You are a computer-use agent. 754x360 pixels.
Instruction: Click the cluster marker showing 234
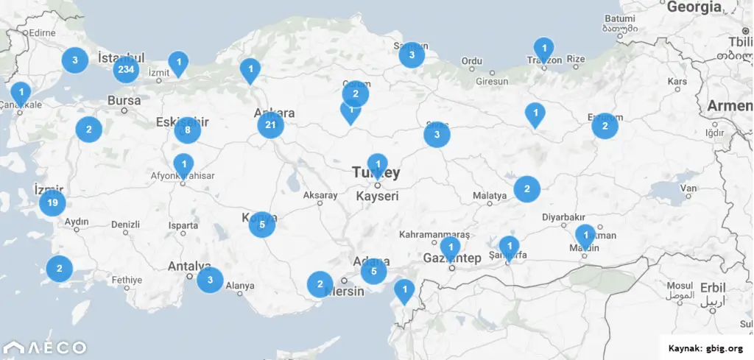[126, 70]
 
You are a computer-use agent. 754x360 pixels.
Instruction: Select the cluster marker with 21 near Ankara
[270, 125]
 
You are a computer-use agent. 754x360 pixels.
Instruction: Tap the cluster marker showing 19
[52, 202]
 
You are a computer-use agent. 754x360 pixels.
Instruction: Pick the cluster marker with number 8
[188, 131]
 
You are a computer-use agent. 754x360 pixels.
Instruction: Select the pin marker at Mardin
[586, 236]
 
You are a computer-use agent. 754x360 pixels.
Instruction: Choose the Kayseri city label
[376, 197]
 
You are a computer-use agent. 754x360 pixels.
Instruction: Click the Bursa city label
[124, 100]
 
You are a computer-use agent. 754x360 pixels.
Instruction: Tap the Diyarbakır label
[563, 217]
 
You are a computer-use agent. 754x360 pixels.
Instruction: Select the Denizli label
[125, 224]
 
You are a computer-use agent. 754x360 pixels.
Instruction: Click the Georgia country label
[694, 7]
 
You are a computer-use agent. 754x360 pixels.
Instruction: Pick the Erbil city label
[711, 286]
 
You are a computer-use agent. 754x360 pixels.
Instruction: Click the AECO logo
[45, 347]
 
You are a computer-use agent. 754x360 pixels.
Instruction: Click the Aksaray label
[320, 196]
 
